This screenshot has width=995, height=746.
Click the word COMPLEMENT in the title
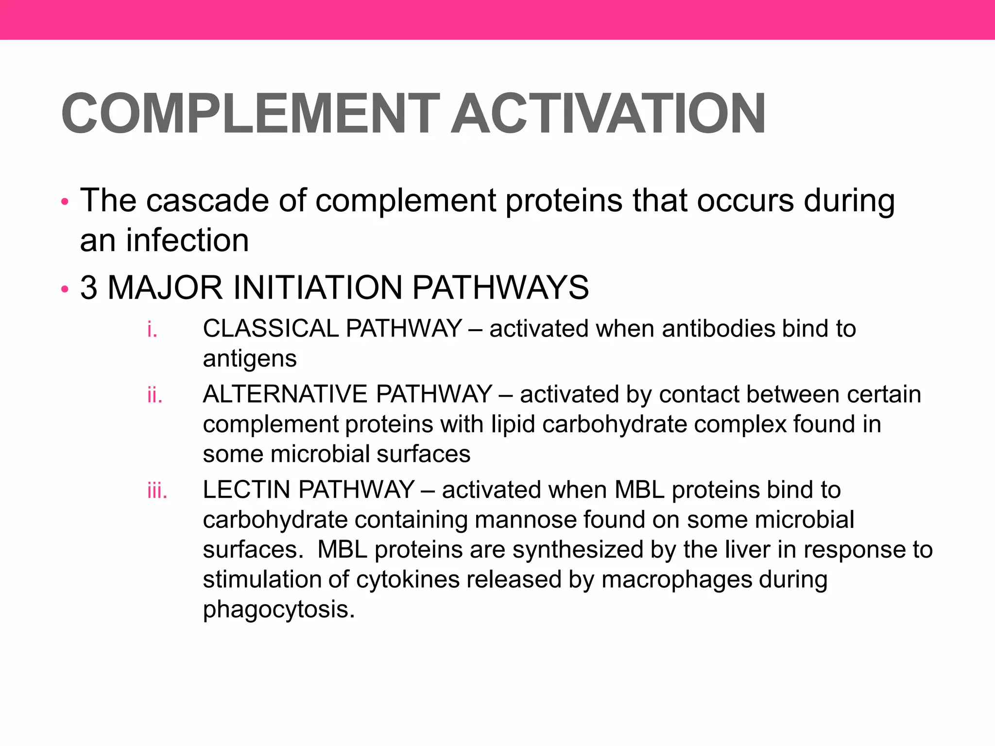pos(250,114)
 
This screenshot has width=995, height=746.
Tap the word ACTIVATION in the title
pos(608,114)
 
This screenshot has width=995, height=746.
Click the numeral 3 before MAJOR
pos(88,288)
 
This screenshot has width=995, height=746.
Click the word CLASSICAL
pos(271,328)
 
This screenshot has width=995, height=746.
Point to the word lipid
pos(513,424)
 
